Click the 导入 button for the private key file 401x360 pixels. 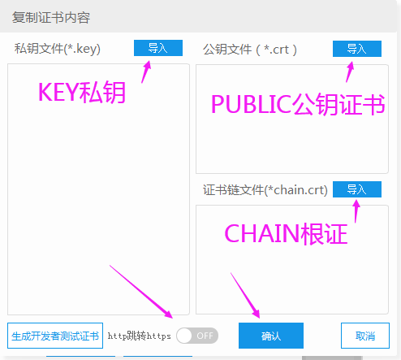coord(158,48)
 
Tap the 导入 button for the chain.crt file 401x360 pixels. coord(357,189)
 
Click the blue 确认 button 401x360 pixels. coord(271,336)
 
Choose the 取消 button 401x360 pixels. coord(365,336)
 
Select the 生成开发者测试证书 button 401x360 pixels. coord(55,336)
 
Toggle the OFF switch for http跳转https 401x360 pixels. coord(197,336)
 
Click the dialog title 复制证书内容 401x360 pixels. coord(51,18)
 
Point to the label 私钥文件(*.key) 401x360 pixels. coord(58,49)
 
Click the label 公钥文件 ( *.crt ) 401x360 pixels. coord(250,50)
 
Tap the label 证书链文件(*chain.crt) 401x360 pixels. coord(265,190)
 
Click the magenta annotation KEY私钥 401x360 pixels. coord(82,93)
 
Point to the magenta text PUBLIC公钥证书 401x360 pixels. coord(298,104)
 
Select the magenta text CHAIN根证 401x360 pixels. coord(286,234)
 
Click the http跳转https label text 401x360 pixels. coord(140,336)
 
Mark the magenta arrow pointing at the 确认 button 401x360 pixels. coord(245,295)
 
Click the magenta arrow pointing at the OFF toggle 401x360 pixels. coord(141,292)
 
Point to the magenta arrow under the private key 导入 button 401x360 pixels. coord(146,72)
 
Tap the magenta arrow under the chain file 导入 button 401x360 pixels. coord(356,211)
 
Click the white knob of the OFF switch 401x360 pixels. coord(184,336)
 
